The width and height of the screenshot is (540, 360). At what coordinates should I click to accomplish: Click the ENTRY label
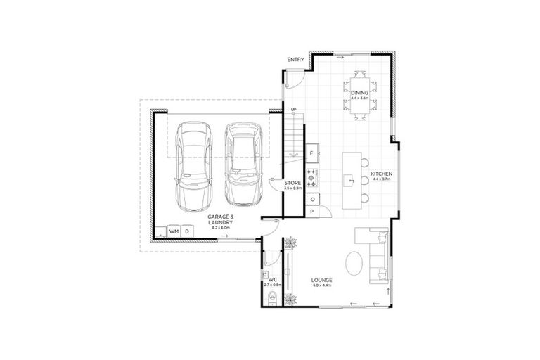tap(295, 60)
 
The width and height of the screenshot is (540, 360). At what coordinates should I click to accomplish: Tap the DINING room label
tap(360, 92)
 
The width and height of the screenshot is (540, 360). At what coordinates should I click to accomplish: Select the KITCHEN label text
tap(381, 174)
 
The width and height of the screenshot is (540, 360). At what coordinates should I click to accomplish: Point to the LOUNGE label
tap(321, 281)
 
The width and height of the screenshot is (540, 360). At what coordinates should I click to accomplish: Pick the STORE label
tap(292, 184)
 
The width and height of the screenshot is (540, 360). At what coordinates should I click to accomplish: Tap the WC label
tap(272, 279)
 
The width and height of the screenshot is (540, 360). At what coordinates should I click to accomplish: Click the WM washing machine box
tap(174, 231)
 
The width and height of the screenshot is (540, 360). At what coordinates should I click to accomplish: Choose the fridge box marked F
tap(311, 153)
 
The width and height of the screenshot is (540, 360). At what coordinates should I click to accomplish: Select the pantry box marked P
tap(311, 212)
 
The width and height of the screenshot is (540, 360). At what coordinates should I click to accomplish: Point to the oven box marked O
tap(311, 199)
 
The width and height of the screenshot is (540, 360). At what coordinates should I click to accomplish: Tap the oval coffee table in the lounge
tap(355, 264)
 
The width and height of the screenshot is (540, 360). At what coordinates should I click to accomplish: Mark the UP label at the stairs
tap(293, 110)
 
